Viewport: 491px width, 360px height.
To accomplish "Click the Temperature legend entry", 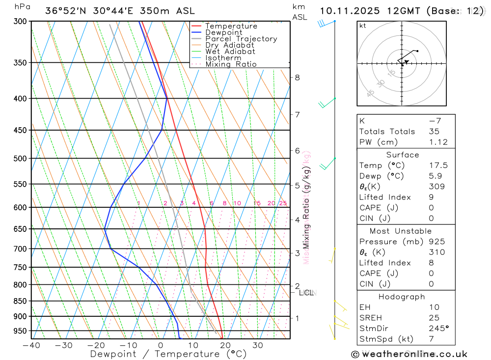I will point(231,26).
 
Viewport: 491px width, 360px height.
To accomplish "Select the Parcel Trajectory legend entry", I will point(241,39).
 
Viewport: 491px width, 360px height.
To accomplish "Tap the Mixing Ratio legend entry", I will point(231,64).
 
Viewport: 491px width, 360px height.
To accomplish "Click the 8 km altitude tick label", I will point(298,78).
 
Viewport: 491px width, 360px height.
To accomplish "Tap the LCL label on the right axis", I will point(306,293).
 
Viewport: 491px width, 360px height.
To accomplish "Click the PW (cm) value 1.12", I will point(438,142).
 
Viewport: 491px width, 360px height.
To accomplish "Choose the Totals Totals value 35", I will point(434,131).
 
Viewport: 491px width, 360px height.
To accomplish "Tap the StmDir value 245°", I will point(438,328).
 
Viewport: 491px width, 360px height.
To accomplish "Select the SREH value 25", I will point(434,318).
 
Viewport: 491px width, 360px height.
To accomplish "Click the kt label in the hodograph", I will point(363,26).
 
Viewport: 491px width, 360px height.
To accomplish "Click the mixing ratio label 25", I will point(283,203).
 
